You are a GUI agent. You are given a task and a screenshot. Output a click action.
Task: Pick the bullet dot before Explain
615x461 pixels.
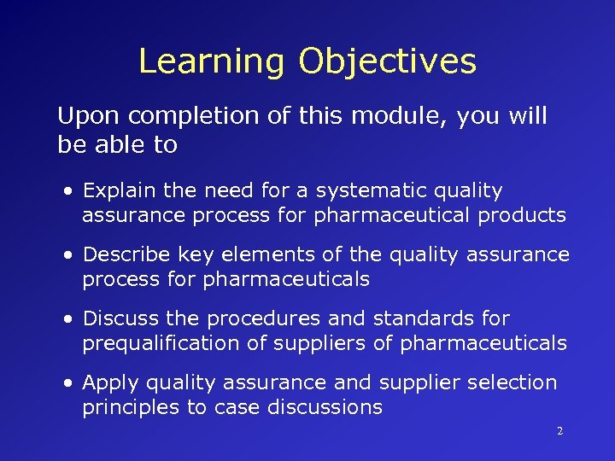tap(67, 191)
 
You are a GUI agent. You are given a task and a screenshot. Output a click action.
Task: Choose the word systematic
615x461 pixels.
tap(362, 190)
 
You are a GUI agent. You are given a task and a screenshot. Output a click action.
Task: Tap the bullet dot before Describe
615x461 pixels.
tap(67, 255)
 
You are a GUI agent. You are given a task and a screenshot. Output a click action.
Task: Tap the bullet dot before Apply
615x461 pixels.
tap(67, 383)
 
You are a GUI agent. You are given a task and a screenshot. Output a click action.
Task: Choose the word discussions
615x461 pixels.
tap(325, 407)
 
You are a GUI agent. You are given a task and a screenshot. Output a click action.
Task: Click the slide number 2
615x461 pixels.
tap(559, 431)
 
